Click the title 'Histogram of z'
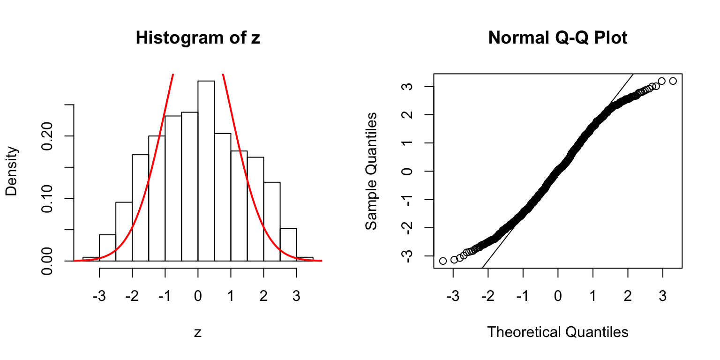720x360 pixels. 197,38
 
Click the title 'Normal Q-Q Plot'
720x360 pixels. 557,38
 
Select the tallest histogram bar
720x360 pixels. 206,171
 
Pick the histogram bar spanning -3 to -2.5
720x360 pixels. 107,247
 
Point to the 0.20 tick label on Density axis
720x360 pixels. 47,136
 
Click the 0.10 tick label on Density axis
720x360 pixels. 47,199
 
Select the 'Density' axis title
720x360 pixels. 12,171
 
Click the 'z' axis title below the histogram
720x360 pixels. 198,332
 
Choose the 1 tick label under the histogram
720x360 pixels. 231,297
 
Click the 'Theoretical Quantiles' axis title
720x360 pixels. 557,332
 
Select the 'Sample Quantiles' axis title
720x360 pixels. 371,171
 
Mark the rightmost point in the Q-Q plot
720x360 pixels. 673,81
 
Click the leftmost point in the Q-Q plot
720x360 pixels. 443,261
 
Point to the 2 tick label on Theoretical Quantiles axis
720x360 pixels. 628,297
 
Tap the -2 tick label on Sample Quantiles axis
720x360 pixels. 407,227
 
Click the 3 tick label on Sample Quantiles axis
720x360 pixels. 407,87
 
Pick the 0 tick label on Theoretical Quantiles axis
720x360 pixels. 558,297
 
